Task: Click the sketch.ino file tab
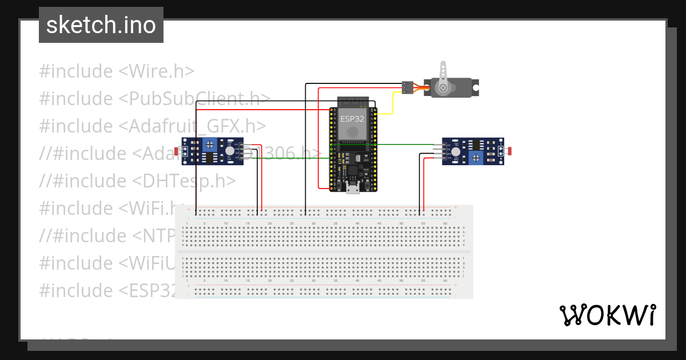[101, 25]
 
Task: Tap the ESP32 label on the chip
[352, 119]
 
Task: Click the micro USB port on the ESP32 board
[353, 188]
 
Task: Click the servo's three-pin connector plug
[407, 87]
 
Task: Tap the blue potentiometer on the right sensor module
[474, 158]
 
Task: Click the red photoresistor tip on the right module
[509, 151]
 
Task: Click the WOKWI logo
[607, 315]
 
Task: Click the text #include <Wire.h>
[117, 71]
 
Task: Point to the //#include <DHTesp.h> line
[137, 181]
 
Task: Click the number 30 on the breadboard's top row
[313, 223]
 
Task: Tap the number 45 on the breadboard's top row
[379, 223]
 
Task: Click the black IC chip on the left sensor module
[210, 158]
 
